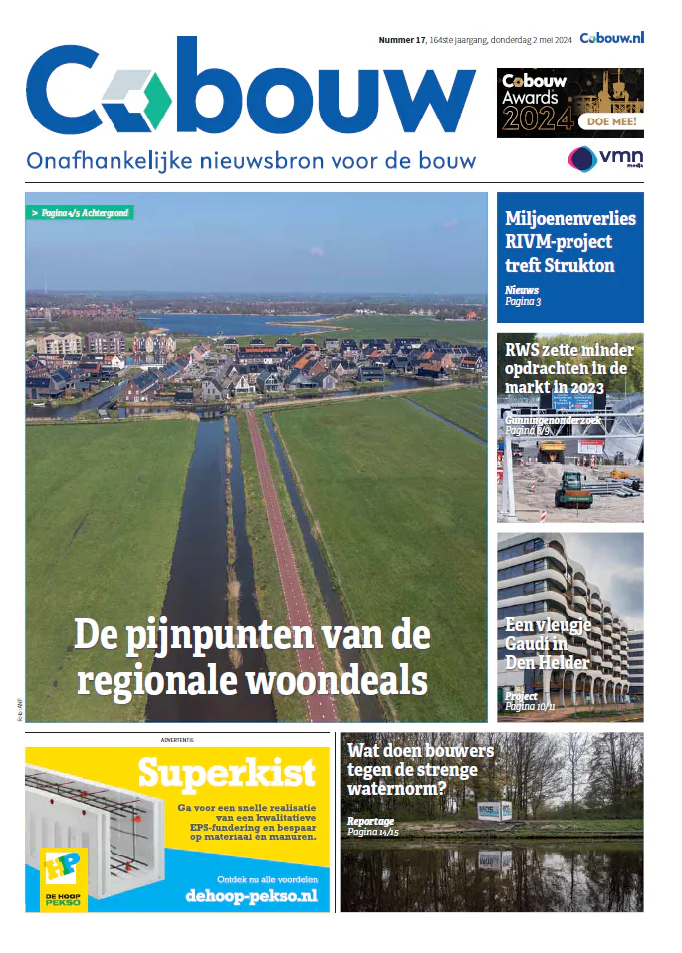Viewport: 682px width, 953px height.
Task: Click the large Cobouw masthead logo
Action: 249,95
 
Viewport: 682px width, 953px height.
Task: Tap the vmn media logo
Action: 604,159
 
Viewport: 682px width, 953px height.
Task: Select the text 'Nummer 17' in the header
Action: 402,40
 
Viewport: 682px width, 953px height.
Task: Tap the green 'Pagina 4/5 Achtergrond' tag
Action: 80,213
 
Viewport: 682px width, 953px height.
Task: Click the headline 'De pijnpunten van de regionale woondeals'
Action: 252,656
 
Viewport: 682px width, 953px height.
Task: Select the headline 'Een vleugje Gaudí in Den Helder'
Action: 548,643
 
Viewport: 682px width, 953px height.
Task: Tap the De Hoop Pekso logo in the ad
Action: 63,879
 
